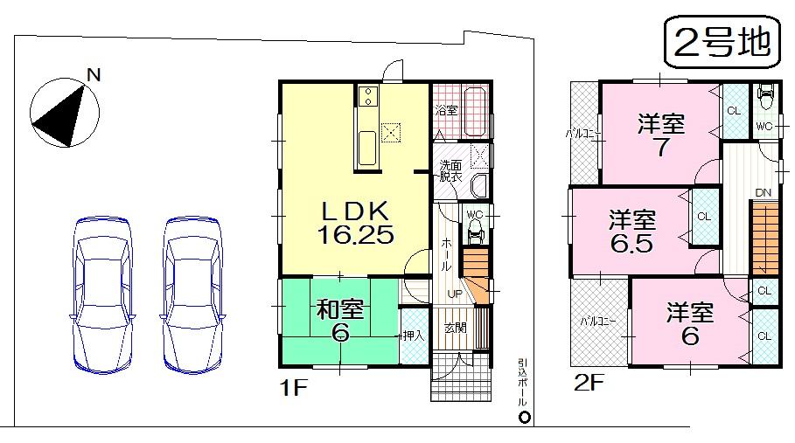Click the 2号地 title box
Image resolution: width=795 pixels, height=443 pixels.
pos(722,42)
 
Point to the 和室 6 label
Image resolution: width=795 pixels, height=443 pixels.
pos(339,321)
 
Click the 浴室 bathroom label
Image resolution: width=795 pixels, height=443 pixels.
pos(446,111)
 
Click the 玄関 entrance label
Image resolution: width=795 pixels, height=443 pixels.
pos(454,329)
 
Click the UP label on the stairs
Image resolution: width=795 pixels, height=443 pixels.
pos(455,294)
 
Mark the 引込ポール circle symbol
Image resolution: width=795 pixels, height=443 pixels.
pos(523,416)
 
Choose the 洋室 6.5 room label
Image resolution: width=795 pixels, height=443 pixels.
pos(632,232)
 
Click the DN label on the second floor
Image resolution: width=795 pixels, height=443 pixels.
pos(763,193)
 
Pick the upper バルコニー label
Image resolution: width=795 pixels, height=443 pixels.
pos(582,134)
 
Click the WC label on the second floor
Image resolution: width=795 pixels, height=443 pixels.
pos(764,127)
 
